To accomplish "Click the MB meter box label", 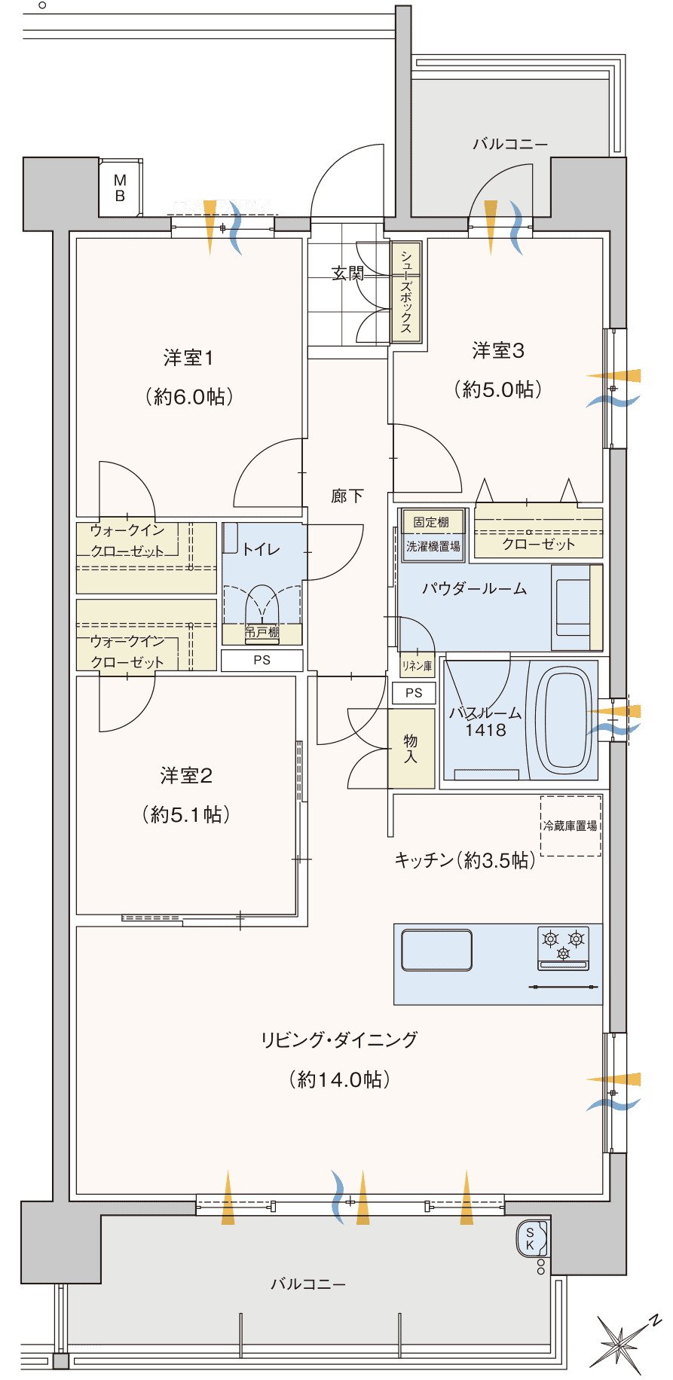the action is (x=120, y=188).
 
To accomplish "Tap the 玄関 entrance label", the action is (x=347, y=273).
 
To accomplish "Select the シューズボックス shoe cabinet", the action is (x=405, y=292).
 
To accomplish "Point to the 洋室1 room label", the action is (x=188, y=357).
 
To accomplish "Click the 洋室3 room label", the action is (x=498, y=350).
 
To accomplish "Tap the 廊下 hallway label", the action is (x=347, y=496).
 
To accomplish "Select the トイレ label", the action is (x=261, y=549).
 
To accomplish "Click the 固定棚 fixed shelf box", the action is (x=432, y=521).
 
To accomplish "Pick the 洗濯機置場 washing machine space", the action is (x=433, y=546).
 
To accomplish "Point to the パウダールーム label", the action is (x=474, y=588).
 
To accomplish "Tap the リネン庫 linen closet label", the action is (x=417, y=666).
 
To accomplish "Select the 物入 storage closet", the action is (x=411, y=749).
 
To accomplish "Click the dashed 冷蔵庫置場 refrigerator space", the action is (x=571, y=826).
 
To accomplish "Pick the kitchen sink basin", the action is (x=437, y=951).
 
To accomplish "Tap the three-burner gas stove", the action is (x=563, y=948).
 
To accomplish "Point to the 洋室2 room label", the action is (x=186, y=775).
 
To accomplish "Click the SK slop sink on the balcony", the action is (x=534, y=1240).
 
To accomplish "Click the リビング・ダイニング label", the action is (x=339, y=1040).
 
